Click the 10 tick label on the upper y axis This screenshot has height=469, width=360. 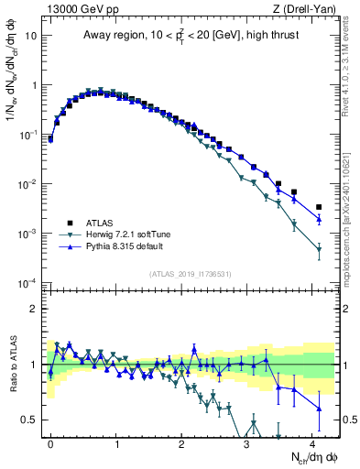pos(30,36)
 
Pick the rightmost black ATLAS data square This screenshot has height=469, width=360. pos(319,207)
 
